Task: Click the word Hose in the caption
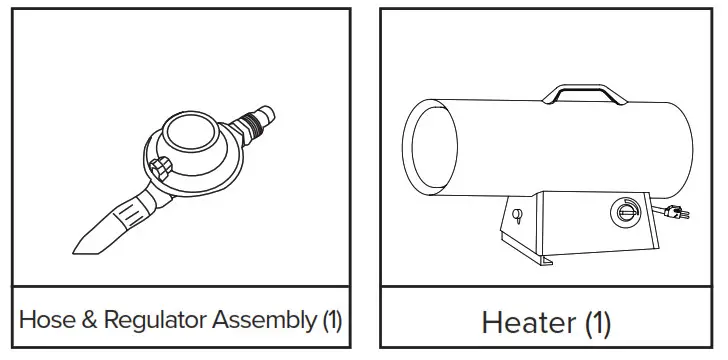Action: click(x=45, y=321)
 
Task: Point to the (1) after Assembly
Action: click(x=331, y=321)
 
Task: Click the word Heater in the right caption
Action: click(x=528, y=323)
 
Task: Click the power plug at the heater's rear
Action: click(x=672, y=211)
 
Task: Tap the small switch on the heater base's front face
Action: click(x=516, y=214)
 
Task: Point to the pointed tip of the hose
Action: click(x=80, y=245)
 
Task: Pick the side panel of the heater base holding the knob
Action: click(x=620, y=225)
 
